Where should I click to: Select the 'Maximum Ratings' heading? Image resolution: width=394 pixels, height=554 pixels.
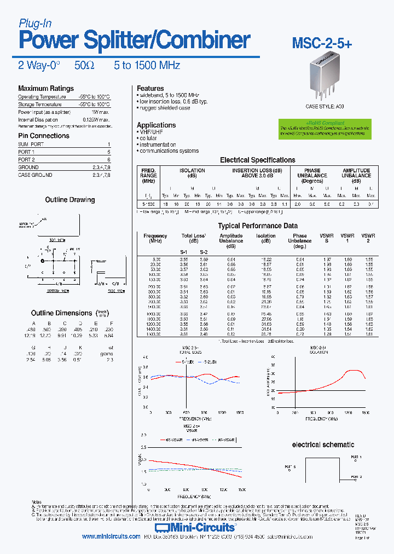pyautogui.click(x=46, y=89)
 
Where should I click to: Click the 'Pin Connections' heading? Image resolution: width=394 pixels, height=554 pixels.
pyautogui.click(x=44, y=136)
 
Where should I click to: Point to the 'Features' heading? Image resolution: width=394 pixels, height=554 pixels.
pyautogui.click(x=150, y=88)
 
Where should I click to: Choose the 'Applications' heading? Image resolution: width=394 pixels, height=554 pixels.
pyautogui.click(x=156, y=125)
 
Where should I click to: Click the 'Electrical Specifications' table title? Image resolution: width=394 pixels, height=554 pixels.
pyautogui.click(x=257, y=160)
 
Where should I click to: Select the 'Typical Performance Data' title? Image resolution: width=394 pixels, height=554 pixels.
pyautogui.click(x=258, y=226)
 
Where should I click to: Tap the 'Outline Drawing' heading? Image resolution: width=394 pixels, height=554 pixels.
pyautogui.click(x=70, y=200)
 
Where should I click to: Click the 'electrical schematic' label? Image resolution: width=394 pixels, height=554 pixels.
pyautogui.click(x=323, y=445)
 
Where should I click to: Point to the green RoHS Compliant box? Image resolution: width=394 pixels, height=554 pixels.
pyautogui.click(x=321, y=128)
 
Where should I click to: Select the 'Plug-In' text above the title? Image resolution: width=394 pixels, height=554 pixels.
pyautogui.click(x=35, y=23)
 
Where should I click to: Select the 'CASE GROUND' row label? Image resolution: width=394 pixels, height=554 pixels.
pyautogui.click(x=35, y=175)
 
